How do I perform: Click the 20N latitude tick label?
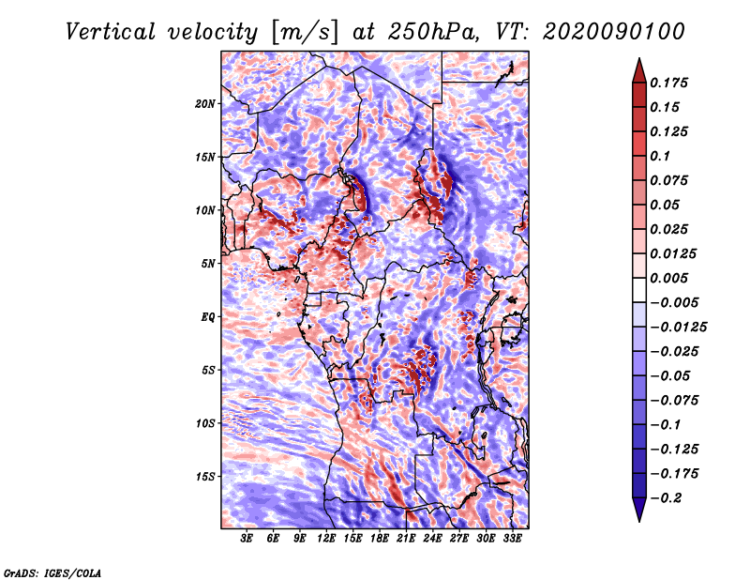click(x=205, y=103)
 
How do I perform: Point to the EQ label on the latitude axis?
click(x=207, y=316)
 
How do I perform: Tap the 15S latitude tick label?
click(x=205, y=477)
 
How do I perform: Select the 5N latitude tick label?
click(x=207, y=264)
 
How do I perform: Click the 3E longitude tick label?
click(x=247, y=539)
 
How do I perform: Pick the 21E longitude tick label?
click(x=406, y=539)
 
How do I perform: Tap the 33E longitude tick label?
click(x=512, y=539)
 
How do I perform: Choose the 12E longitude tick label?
click(x=326, y=539)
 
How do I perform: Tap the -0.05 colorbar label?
click(x=671, y=376)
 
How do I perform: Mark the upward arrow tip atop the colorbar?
click(x=638, y=60)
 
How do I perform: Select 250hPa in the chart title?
click(x=440, y=32)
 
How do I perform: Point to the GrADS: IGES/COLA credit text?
click(x=52, y=572)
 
